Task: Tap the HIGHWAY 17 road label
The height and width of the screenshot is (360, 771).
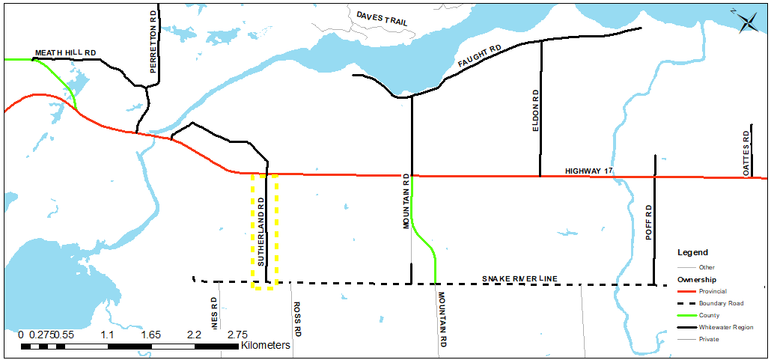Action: point(589,171)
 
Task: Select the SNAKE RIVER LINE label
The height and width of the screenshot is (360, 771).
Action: point(519,279)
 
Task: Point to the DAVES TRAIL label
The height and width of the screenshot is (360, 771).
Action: point(382,19)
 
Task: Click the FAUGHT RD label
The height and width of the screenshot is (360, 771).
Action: point(479,60)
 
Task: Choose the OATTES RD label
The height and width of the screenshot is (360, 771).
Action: point(746,153)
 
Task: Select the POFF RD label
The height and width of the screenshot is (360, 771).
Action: point(650,222)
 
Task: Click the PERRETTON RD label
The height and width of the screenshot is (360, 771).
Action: point(153,43)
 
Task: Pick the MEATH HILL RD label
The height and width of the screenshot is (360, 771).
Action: point(66,53)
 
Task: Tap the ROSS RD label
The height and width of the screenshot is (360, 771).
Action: point(297,319)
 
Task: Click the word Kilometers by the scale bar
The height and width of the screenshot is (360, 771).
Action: point(265,346)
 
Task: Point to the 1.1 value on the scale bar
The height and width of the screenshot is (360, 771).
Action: point(107,334)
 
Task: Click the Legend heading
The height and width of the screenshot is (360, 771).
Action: point(692,253)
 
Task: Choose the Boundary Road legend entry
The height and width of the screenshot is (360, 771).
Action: point(722,303)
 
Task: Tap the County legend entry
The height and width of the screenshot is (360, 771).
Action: point(709,315)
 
